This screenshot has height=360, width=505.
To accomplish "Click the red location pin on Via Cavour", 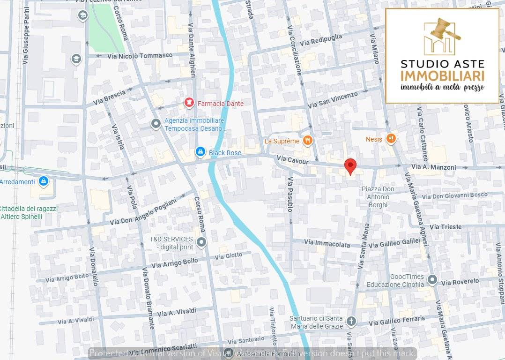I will click(x=350, y=166).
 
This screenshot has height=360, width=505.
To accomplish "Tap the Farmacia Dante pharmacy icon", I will click(x=189, y=103).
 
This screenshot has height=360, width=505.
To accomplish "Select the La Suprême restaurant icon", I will click(x=307, y=140).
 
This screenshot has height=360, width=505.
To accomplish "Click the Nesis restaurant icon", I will click(x=391, y=138).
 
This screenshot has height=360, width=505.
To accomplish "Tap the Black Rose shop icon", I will click(x=200, y=152).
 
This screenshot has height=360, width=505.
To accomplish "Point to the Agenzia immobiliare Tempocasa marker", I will click(x=156, y=123).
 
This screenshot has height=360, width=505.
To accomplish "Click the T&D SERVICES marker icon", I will click(x=201, y=242).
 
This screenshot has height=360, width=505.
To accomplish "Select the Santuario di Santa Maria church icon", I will click(x=351, y=321).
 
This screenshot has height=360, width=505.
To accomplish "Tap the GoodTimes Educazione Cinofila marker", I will click(x=432, y=280).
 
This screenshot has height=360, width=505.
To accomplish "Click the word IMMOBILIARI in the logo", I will click(x=442, y=76).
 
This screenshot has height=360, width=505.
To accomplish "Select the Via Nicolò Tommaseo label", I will click(x=140, y=55).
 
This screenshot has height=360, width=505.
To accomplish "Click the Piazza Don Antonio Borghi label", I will click(x=378, y=197).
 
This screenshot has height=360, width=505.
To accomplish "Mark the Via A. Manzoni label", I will click(x=433, y=167).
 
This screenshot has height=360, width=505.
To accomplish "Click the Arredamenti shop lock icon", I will click(x=44, y=180).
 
